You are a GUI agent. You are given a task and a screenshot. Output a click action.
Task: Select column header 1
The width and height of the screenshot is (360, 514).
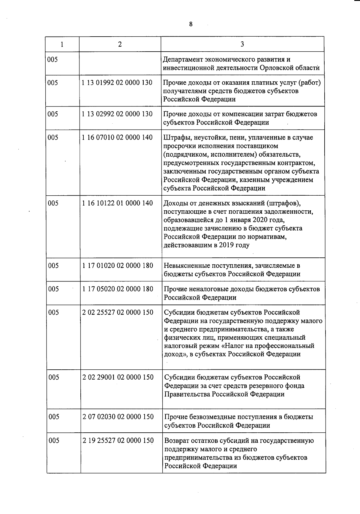tap(62, 44)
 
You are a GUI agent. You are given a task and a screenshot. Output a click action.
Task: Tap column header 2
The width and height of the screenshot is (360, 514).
tap(120, 44)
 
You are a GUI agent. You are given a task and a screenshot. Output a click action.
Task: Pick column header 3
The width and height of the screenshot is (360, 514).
tap(242, 44)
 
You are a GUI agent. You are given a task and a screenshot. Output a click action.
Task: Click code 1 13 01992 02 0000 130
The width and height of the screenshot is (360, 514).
tap(117, 83)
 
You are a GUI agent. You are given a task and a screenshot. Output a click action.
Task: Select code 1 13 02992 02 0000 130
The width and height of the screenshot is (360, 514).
tap(117, 114)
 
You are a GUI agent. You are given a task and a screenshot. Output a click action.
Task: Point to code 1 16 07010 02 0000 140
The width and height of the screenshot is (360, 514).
tap(117, 137)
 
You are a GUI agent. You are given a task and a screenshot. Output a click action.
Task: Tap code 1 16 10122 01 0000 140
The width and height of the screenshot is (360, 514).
tap(117, 203)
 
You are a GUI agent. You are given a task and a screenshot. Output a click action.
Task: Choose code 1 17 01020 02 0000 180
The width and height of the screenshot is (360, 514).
tap(117, 266)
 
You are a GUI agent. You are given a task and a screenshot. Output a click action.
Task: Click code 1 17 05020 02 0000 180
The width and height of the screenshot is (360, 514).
tap(117, 289)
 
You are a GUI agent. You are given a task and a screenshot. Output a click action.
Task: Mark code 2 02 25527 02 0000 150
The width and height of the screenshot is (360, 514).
tap(118, 312)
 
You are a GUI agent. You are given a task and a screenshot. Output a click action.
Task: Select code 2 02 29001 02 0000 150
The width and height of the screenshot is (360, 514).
tap(118, 377)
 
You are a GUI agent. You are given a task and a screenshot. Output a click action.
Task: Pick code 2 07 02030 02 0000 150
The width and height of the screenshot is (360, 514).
tap(118, 417)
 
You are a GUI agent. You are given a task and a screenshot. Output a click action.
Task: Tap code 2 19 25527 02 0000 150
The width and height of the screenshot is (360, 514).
tap(118, 440)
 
